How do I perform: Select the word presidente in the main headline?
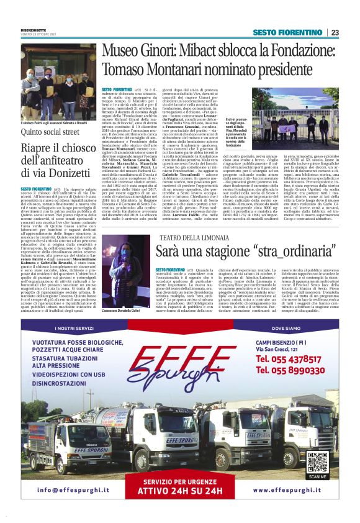[252, 69]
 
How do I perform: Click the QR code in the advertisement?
[317, 462]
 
